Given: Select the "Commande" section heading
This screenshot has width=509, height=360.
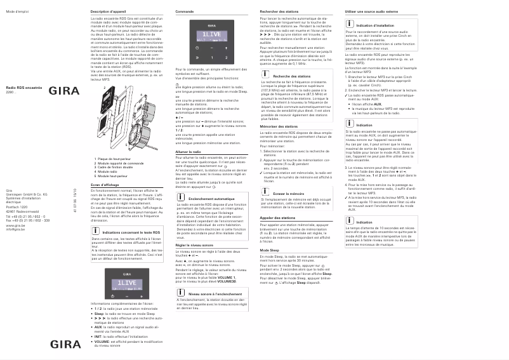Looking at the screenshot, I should point(185,12).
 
